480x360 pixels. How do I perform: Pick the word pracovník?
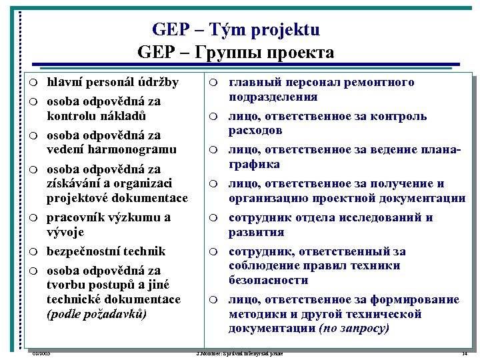(75, 217)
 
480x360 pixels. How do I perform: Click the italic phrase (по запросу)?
(354, 329)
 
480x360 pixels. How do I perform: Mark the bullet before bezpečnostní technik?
(33, 252)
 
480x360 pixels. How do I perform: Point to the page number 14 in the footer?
(465, 353)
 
